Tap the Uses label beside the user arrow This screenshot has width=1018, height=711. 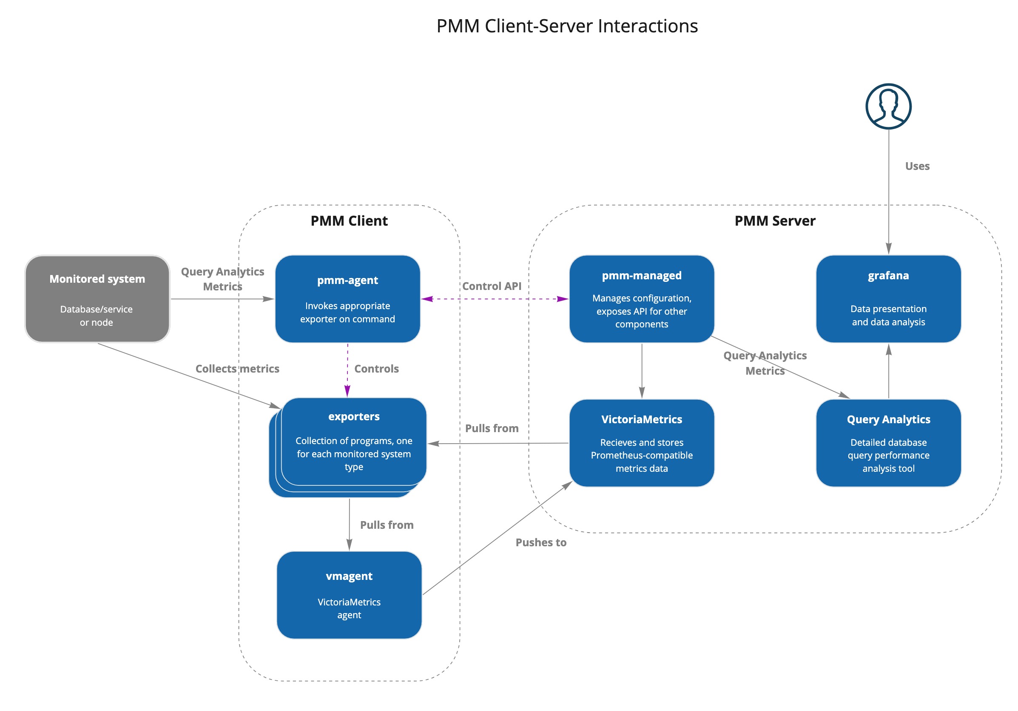[x=917, y=166]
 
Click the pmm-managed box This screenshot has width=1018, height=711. [x=641, y=299]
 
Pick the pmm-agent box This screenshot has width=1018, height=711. [x=347, y=299]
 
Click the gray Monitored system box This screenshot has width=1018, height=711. [x=97, y=299]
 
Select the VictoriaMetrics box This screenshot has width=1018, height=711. [x=641, y=443]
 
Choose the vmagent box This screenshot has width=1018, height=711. [x=349, y=595]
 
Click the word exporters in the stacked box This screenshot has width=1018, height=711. [x=354, y=416]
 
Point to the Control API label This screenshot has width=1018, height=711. [x=491, y=286]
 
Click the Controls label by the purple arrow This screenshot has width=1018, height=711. [x=376, y=369]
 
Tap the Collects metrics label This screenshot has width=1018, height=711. [x=237, y=369]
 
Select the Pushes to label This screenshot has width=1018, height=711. [x=540, y=542]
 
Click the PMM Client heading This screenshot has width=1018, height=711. [x=349, y=221]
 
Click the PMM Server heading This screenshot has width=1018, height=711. [x=775, y=221]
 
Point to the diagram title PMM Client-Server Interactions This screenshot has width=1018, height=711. [x=567, y=26]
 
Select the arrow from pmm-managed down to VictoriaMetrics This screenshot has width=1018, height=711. [x=642, y=371]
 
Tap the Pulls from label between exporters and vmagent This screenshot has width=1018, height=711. [x=387, y=525]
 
